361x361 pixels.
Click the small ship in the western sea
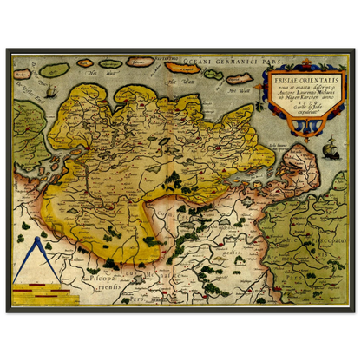[x=51, y=90]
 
